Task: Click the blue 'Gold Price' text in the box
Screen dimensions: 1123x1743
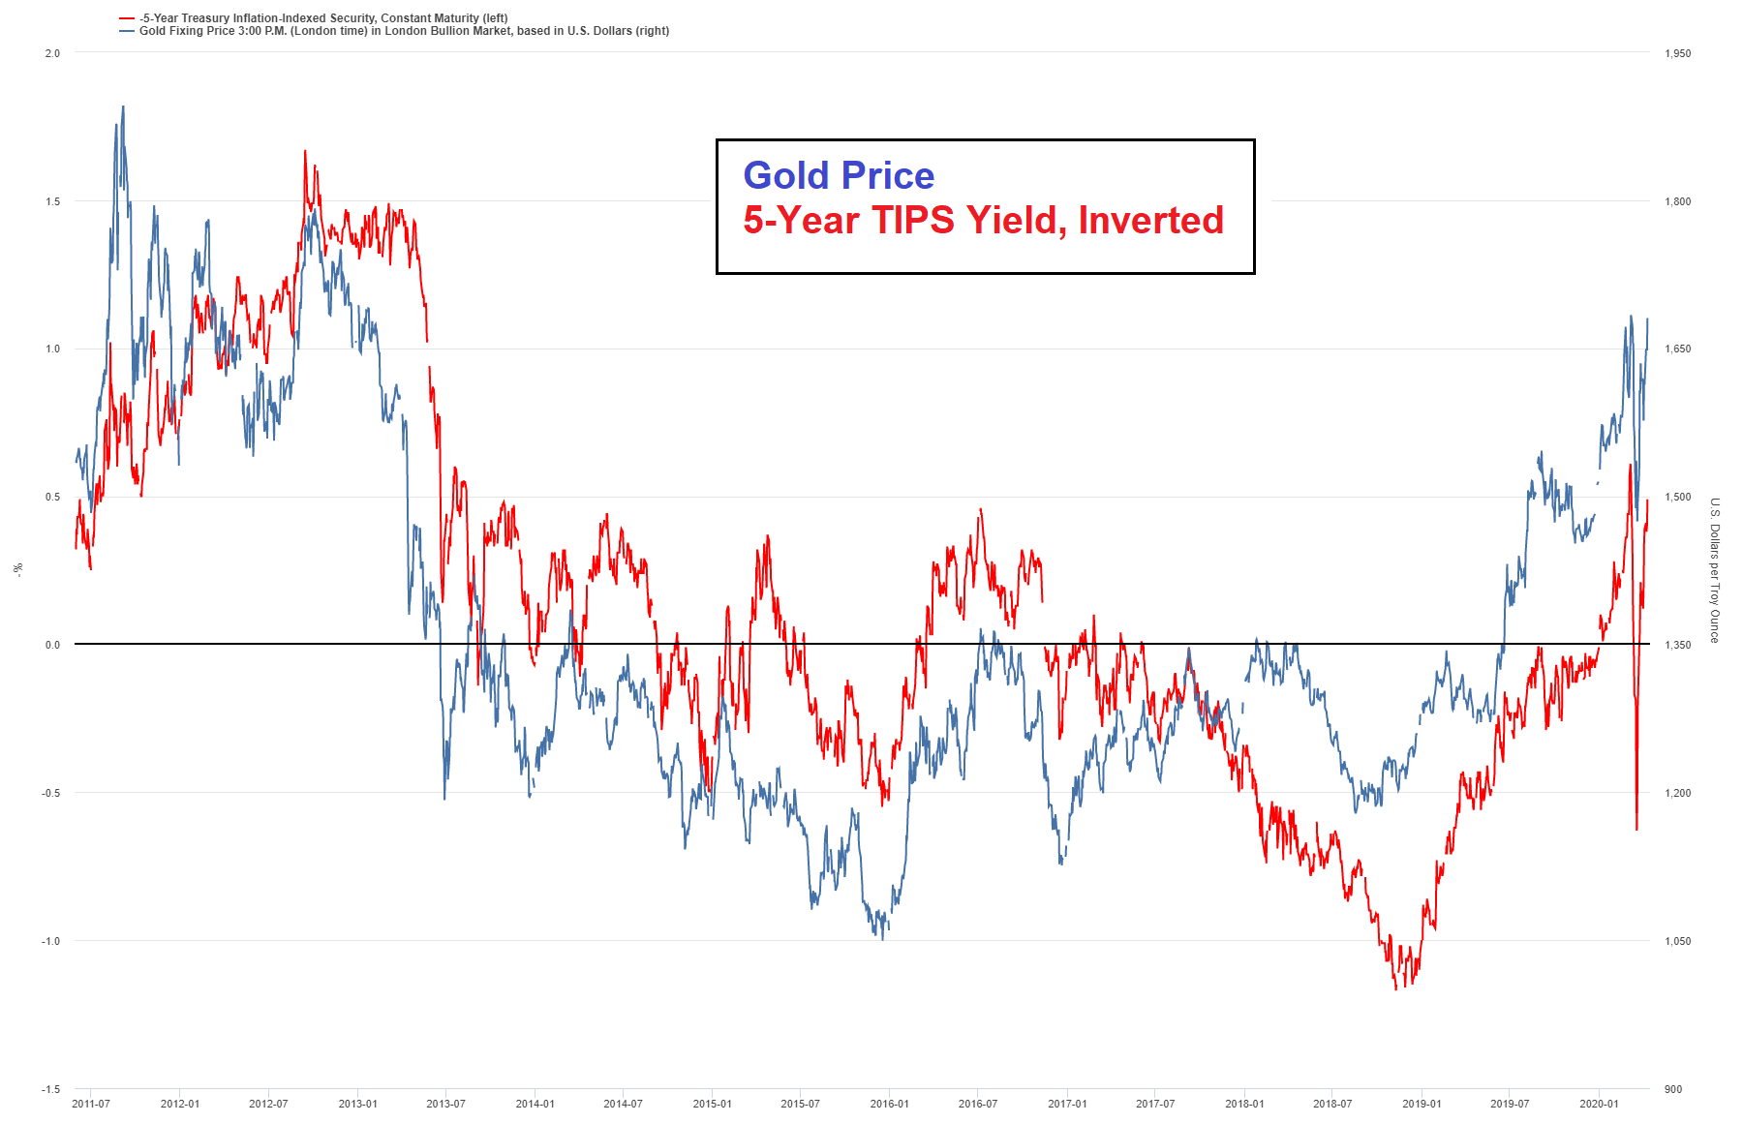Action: pyautogui.click(x=839, y=175)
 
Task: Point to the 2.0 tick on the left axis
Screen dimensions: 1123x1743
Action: pyautogui.click(x=53, y=53)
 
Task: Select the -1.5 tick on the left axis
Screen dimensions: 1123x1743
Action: pyautogui.click(x=50, y=1089)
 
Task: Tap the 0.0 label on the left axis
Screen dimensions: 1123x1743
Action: pyautogui.click(x=53, y=645)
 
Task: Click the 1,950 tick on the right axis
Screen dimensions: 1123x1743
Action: pyautogui.click(x=1677, y=53)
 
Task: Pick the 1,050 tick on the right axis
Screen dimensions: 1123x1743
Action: pyautogui.click(x=1677, y=941)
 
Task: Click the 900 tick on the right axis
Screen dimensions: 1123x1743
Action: pyautogui.click(x=1673, y=1089)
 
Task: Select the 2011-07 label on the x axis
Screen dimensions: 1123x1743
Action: pyautogui.click(x=91, y=1104)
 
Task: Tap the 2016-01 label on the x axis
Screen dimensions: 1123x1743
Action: pyautogui.click(x=889, y=1104)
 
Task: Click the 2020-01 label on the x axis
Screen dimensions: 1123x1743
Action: pyautogui.click(x=1599, y=1104)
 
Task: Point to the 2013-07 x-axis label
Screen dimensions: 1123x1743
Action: pyautogui.click(x=445, y=1104)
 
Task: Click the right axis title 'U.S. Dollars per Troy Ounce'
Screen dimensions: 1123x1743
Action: pyautogui.click(x=1714, y=570)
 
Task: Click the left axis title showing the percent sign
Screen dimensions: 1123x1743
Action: pyautogui.click(x=17, y=569)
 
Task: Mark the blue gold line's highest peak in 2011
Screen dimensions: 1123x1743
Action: pyautogui.click(x=123, y=107)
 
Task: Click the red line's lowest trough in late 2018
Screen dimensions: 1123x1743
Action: pyautogui.click(x=1395, y=988)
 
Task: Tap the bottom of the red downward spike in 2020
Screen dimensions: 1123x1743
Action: pyautogui.click(x=1636, y=829)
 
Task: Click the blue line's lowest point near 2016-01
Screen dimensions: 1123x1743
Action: pyautogui.click(x=882, y=938)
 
